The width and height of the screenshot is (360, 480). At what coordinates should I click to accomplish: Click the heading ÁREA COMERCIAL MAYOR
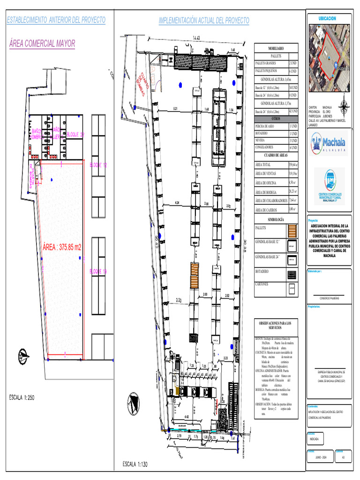pyautogui.click(x=42, y=44)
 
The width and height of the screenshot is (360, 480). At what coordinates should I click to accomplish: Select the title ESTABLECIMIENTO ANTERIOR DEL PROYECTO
pyautogui.click(x=55, y=20)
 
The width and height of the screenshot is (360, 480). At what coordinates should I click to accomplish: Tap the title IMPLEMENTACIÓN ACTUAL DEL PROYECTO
pyautogui.click(x=204, y=21)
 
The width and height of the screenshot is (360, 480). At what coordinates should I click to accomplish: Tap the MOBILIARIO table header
pyautogui.click(x=276, y=49)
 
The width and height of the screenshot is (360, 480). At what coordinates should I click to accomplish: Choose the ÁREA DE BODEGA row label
pyautogui.click(x=266, y=192)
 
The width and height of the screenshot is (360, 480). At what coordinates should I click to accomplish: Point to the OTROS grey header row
pyautogui.click(x=276, y=119)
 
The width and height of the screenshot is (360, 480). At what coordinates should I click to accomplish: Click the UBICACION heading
pyautogui.click(x=328, y=18)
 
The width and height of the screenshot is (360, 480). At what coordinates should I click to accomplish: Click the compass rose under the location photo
pyautogui.click(x=345, y=106)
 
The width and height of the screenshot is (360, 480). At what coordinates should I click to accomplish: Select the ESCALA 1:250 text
pyautogui.click(x=28, y=397)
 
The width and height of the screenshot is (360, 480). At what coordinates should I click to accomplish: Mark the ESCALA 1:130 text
pyautogui.click(x=135, y=465)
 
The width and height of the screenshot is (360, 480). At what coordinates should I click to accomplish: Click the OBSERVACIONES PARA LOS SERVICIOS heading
pyautogui.click(x=276, y=326)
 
